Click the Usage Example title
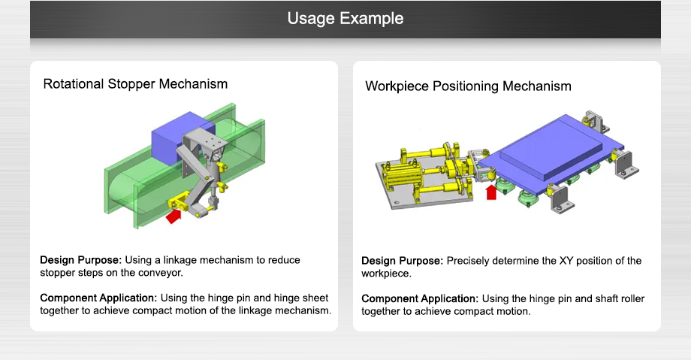[x=345, y=18]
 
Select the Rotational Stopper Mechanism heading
[x=135, y=83]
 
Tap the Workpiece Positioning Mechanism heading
[x=468, y=86]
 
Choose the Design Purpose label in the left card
[x=80, y=260]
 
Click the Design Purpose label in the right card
[x=402, y=261]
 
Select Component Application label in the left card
[x=98, y=298]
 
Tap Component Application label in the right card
[x=419, y=298]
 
